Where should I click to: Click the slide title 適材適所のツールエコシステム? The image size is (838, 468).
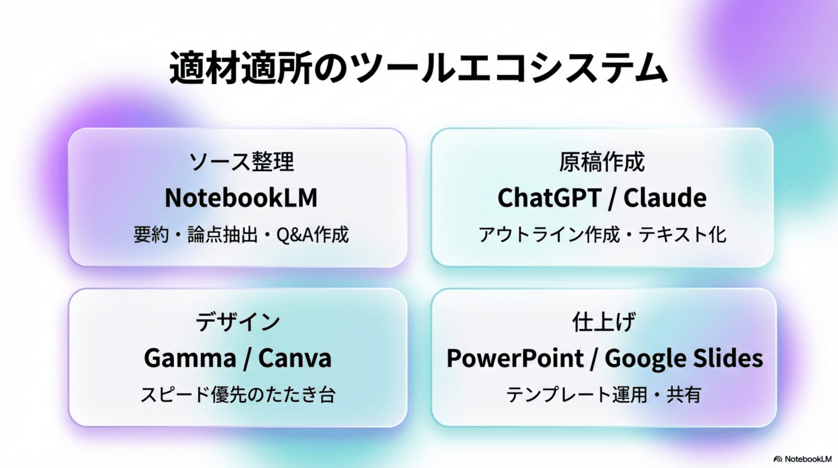point(418,68)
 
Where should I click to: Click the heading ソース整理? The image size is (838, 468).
point(241,162)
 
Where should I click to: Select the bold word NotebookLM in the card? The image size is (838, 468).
point(241,198)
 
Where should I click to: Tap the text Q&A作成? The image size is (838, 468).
point(313,235)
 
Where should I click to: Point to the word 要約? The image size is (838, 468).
point(151,235)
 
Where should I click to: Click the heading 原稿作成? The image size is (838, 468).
point(602,162)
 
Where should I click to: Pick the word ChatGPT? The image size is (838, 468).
point(550,198)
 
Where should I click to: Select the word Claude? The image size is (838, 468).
point(665,198)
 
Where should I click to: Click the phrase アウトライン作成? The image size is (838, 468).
point(549,235)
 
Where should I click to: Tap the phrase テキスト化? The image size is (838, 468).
point(682,235)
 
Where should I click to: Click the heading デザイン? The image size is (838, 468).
point(238,322)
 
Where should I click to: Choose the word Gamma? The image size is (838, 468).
point(190,358)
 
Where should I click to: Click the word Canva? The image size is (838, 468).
point(295,358)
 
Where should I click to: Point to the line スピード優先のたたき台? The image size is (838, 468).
point(238,395)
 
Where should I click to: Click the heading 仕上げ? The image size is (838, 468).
point(604,322)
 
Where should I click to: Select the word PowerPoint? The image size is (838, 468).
point(515,358)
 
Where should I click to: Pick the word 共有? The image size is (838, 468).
point(683,395)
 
